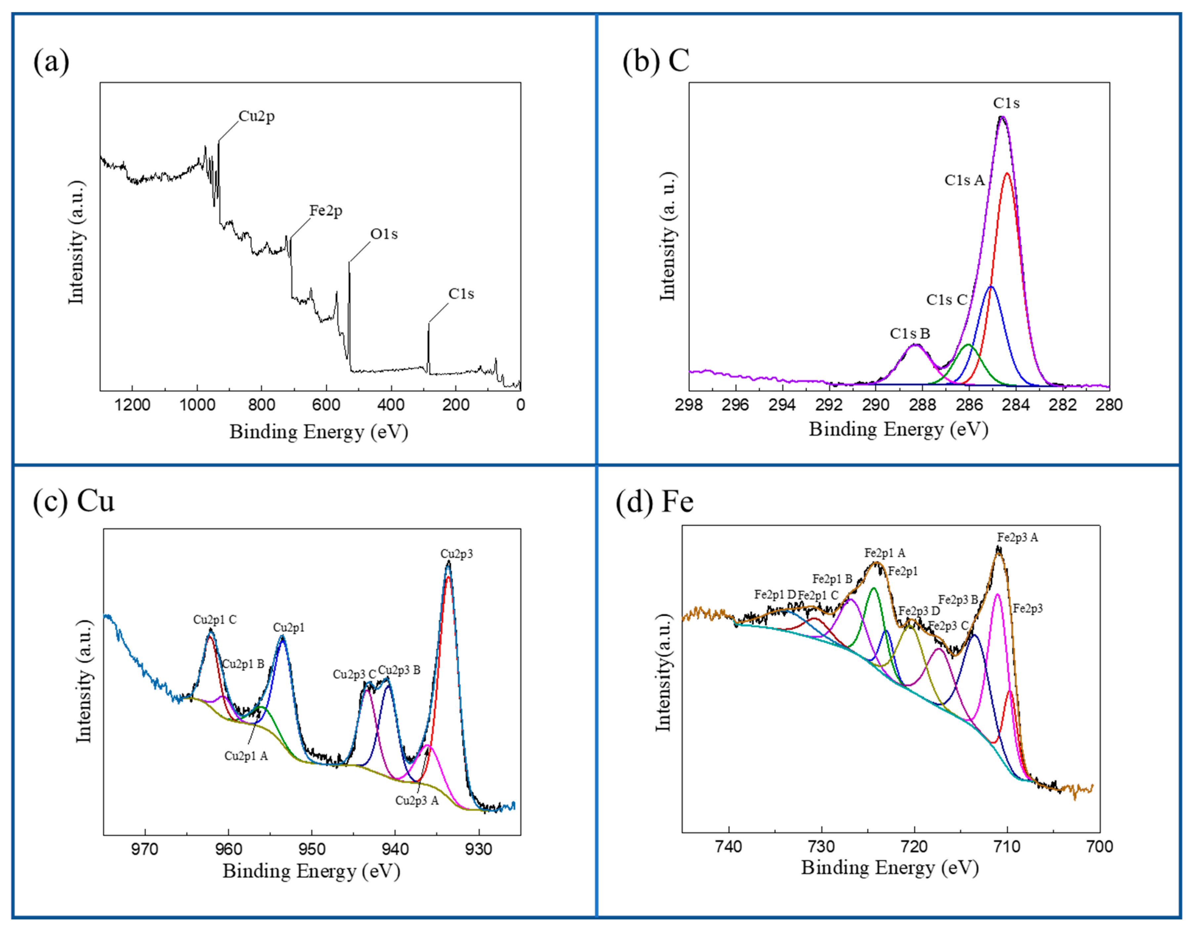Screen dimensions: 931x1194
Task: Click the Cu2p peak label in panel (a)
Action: [x=256, y=116]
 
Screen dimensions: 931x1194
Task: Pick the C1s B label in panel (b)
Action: [x=910, y=333]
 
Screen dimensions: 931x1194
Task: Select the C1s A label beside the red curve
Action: [x=964, y=180]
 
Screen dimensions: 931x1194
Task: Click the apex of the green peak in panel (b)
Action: [x=968, y=345]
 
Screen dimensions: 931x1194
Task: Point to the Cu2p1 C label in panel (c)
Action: [x=215, y=619]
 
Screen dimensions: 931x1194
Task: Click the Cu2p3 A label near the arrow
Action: [x=417, y=801]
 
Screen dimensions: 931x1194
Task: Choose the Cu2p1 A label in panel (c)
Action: [x=246, y=756]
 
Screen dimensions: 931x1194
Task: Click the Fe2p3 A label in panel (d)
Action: [x=1017, y=538]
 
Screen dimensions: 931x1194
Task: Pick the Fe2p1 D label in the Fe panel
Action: [x=775, y=594]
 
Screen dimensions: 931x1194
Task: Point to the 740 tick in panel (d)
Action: [x=729, y=847]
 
